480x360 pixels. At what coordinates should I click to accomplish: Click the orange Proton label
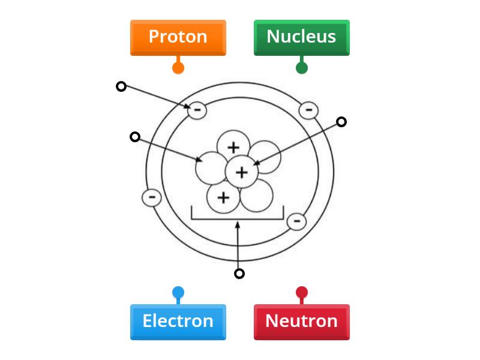coord(178,37)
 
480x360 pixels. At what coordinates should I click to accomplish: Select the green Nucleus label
coord(301,37)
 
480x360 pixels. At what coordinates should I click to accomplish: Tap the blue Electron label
coord(178,322)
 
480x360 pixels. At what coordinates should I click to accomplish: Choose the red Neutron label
coord(301,322)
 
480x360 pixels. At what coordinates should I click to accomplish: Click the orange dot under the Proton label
coord(178,68)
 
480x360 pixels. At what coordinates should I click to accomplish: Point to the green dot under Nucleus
coord(302,68)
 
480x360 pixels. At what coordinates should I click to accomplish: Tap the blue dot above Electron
coord(178,293)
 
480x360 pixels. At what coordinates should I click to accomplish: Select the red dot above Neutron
coord(302,293)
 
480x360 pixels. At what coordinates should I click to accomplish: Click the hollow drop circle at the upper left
coord(121,86)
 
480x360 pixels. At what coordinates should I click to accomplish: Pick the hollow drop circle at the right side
coord(341,122)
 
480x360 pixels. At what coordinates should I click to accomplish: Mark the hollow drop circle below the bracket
coord(239,274)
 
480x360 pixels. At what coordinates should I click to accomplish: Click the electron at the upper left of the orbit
coord(197,110)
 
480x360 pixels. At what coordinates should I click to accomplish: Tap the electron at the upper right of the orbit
coord(308,110)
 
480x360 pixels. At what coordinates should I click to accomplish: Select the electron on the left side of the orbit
coord(152,197)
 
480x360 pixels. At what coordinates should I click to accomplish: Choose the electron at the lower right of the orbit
coord(296,221)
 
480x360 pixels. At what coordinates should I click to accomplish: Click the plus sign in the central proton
coord(241,173)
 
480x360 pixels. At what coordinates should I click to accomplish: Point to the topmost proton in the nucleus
coord(233,146)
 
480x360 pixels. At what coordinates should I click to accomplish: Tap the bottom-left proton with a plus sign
coord(223,197)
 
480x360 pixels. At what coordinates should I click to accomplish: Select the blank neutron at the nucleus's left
coord(211,168)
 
